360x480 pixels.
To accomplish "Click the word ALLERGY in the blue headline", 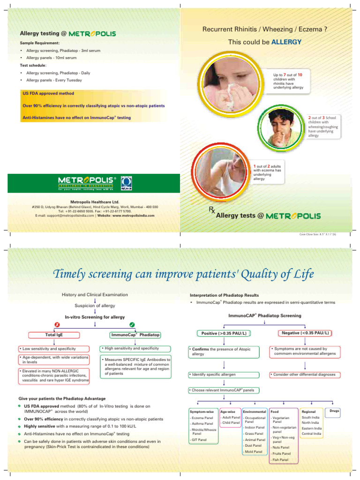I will point(286,42).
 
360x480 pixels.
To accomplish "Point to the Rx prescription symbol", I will point(212,212).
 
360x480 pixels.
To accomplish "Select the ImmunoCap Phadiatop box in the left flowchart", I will point(135,335).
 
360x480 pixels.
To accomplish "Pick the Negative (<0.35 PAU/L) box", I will point(305,333).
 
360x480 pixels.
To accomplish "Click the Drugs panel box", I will point(334,411).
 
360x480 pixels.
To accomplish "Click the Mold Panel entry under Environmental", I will point(253,451).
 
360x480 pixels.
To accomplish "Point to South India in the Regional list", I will point(311,417).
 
